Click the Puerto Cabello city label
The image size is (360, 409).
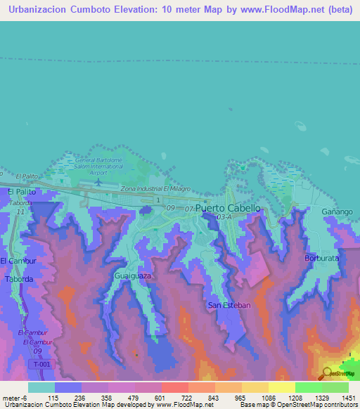point(228,209)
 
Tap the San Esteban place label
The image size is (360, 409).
point(226,305)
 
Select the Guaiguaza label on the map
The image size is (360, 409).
point(132,276)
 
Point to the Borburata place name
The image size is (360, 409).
point(323,258)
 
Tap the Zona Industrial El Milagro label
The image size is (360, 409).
point(155,189)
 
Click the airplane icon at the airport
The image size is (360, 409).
point(98,181)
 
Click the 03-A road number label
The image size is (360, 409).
point(224,218)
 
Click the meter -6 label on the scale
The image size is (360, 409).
point(14,398)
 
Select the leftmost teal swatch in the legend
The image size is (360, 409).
point(41,387)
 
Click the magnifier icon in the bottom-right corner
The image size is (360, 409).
point(326,373)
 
